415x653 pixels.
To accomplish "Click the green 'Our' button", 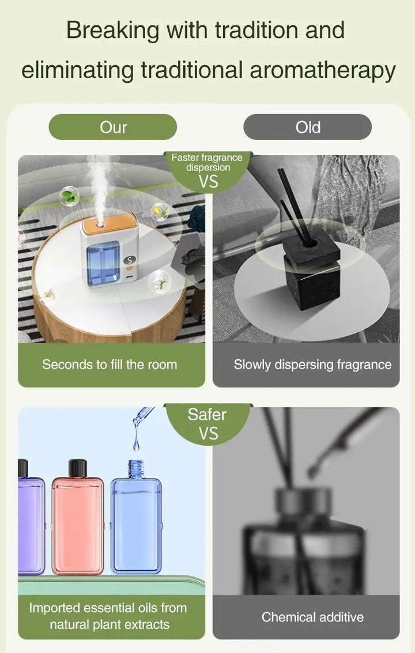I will pyautogui.click(x=112, y=127).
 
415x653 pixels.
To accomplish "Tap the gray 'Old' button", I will pyautogui.click(x=307, y=127).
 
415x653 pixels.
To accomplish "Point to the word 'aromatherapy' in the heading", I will pyautogui.click(x=322, y=70).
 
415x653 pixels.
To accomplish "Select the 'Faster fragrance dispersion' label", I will pyautogui.click(x=207, y=162).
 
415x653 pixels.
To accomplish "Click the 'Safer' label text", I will pyautogui.click(x=207, y=414).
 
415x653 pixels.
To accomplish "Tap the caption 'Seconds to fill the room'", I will pyautogui.click(x=110, y=365).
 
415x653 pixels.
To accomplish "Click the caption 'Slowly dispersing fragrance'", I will pyautogui.click(x=312, y=365).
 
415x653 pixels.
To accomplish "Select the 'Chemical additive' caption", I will pyautogui.click(x=312, y=617).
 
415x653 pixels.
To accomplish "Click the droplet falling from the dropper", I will pyautogui.click(x=136, y=442).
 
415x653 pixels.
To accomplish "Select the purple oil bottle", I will pyautogui.click(x=30, y=521).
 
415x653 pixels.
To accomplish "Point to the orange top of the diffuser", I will pyautogui.click(x=108, y=224).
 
